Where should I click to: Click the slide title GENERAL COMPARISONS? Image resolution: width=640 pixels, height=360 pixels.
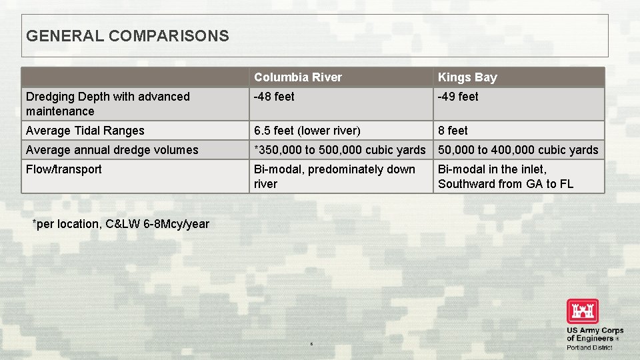[x=127, y=36]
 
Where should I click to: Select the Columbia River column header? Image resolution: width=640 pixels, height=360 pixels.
[x=297, y=77]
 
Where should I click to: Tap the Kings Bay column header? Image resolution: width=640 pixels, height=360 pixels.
[x=467, y=77]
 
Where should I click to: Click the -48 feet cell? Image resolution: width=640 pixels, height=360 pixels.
[x=274, y=97]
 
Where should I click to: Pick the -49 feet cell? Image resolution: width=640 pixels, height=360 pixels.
[x=458, y=97]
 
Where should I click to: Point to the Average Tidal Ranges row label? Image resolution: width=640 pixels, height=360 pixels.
[x=85, y=131]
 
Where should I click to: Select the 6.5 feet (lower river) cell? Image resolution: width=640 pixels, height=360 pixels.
[x=307, y=131]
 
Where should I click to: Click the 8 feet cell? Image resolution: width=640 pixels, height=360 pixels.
[x=453, y=131]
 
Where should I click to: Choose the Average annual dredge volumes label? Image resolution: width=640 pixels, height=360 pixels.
[x=112, y=150]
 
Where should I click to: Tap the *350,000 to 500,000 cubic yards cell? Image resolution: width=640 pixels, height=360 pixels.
[x=339, y=150]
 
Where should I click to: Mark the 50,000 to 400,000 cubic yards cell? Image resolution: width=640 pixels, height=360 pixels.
[x=518, y=150]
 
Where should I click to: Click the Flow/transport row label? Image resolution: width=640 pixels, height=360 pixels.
[x=64, y=169]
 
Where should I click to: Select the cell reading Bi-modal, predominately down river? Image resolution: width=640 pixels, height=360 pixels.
[x=334, y=177]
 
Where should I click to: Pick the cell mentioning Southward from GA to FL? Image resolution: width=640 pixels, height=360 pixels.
[x=505, y=184]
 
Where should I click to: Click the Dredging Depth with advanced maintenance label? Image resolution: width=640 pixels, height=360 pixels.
[x=108, y=104]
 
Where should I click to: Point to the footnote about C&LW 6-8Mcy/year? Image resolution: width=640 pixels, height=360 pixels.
[x=121, y=224]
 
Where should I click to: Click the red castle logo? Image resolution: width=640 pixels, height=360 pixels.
[x=583, y=311]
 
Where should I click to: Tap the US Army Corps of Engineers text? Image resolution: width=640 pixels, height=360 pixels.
[x=595, y=334]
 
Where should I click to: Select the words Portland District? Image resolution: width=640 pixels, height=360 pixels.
[x=589, y=347]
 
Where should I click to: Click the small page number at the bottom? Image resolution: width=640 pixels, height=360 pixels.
[x=311, y=344]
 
